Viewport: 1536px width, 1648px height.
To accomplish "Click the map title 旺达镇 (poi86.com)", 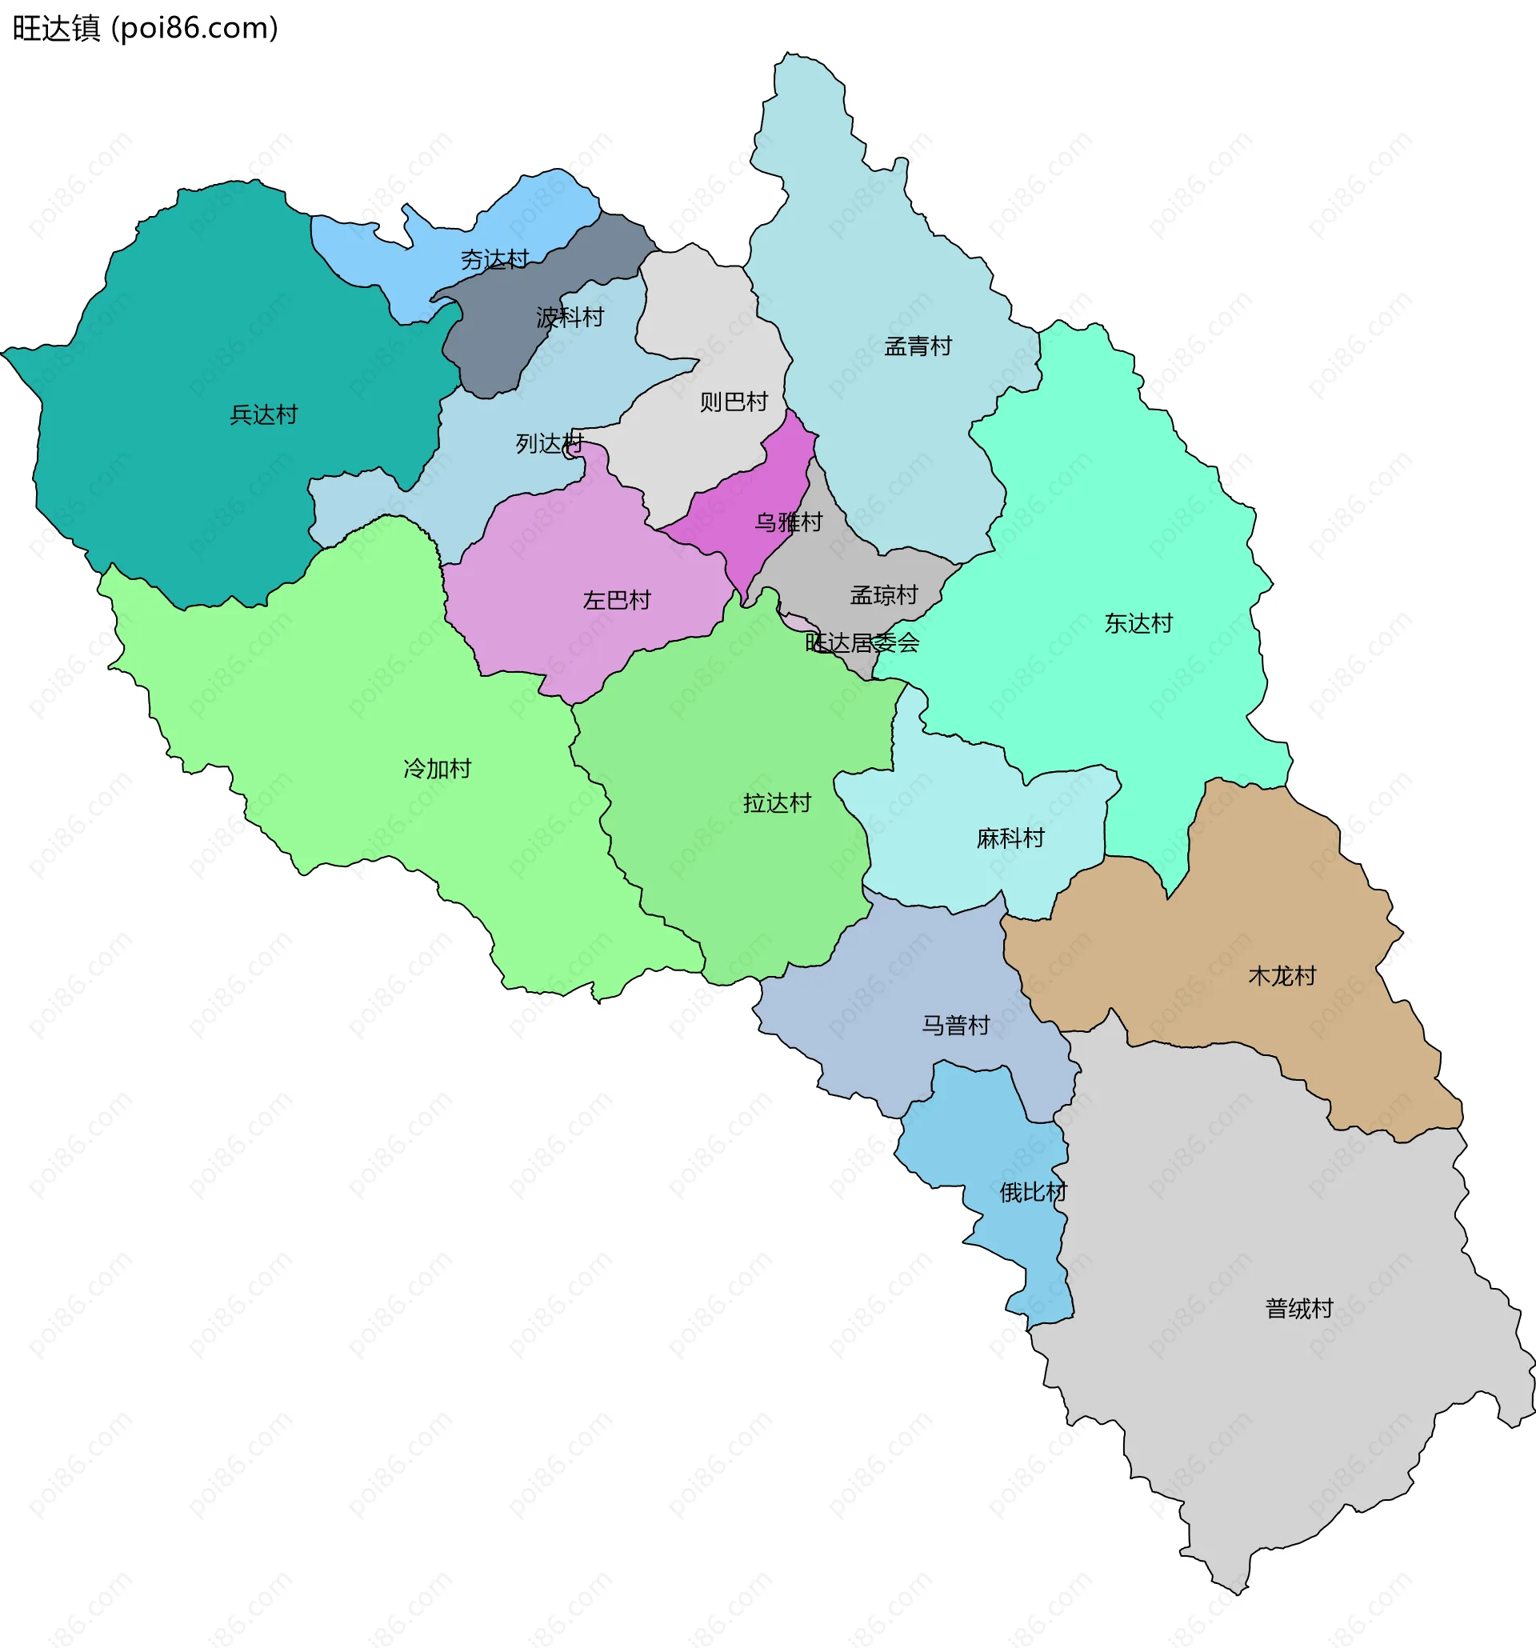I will [x=145, y=28].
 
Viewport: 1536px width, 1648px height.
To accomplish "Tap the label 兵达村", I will [x=263, y=414].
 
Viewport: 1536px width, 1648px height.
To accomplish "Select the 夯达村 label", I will [x=495, y=260].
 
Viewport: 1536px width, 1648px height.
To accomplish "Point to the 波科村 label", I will [x=570, y=318].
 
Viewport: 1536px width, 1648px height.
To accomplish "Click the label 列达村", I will [x=550, y=444].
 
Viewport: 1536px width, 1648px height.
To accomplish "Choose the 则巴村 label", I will [x=734, y=402].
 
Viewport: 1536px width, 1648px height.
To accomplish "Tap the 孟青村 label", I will [x=918, y=346].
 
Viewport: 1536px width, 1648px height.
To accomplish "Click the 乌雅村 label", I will [x=788, y=522].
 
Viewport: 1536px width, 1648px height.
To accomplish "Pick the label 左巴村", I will [x=617, y=600].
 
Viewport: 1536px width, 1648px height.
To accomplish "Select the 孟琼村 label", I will [x=884, y=595].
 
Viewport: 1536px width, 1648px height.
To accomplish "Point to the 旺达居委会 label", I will [x=862, y=642].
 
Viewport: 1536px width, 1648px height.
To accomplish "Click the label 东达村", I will [x=1138, y=623].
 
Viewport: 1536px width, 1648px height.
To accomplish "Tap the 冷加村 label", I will [x=437, y=769].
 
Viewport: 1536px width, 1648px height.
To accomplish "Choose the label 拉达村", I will [x=777, y=802].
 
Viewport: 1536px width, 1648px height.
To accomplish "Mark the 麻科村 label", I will [x=1010, y=838].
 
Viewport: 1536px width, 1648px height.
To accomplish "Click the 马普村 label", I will [x=956, y=1026].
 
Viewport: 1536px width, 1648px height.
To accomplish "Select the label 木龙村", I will [x=1282, y=976].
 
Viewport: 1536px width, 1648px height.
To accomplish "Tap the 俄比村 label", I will [x=1033, y=1192].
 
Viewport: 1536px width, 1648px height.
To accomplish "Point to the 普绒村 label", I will [x=1299, y=1308].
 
